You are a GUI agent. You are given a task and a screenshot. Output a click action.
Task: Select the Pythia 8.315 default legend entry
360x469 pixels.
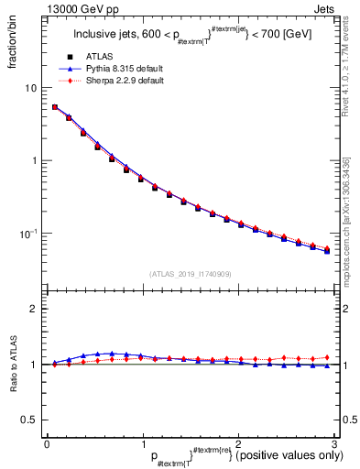coord(115,69)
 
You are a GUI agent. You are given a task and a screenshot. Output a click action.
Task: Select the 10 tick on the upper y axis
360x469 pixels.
coord(33,88)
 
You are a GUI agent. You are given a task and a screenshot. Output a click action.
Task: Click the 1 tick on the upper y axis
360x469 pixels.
coord(36,161)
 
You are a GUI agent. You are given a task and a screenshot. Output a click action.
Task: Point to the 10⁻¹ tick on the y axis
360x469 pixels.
coord(31,234)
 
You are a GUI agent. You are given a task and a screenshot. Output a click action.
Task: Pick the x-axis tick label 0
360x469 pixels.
coord(47,442)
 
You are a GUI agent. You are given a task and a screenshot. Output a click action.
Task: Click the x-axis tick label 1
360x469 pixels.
coord(142,442)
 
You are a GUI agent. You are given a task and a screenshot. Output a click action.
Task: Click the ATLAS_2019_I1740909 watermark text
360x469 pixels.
coord(190,274)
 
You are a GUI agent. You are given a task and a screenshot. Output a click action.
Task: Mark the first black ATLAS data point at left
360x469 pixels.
coord(55,107)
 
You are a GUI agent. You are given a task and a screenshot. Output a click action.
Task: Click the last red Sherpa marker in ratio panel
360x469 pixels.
coord(326,357)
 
